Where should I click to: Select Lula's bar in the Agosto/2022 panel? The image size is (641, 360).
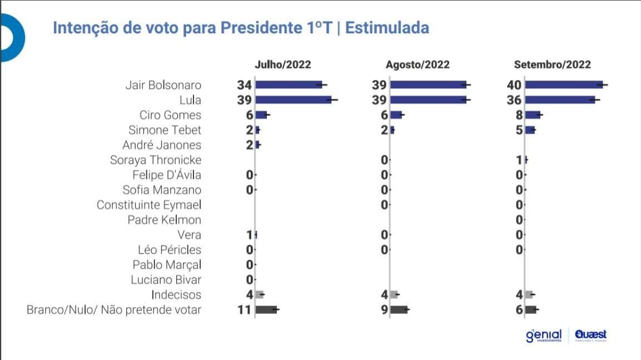pyautogui.click(x=428, y=100)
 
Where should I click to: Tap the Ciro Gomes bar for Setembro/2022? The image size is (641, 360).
pyautogui.click(x=533, y=115)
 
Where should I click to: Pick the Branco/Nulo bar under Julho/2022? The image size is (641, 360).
pyautogui.click(x=266, y=309)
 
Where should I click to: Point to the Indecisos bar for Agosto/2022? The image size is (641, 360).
pyautogui.click(x=394, y=294)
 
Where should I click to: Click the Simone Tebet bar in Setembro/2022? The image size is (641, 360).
pyautogui.click(x=530, y=130)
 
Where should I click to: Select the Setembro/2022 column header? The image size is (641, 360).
pyautogui.click(x=552, y=65)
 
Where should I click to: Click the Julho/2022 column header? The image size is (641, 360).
pyautogui.click(x=282, y=65)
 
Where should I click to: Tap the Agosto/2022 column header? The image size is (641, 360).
pyautogui.click(x=418, y=65)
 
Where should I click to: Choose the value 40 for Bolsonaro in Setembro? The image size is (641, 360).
pyautogui.click(x=515, y=85)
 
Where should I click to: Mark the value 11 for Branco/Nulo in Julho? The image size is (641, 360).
pyautogui.click(x=245, y=309)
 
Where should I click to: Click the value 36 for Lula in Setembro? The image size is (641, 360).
pyautogui.click(x=515, y=100)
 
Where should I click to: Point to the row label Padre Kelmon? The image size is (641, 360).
pyautogui.click(x=164, y=220)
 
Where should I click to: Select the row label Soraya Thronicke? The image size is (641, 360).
pyautogui.click(x=156, y=160)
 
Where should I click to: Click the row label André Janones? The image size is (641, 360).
pyautogui.click(x=162, y=145)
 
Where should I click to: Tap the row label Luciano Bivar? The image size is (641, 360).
pyautogui.click(x=166, y=280)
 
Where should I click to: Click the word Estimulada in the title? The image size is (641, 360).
pyautogui.click(x=387, y=28)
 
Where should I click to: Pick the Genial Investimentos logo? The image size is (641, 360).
pyautogui.click(x=543, y=336)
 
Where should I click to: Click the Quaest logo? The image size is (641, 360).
pyautogui.click(x=591, y=335)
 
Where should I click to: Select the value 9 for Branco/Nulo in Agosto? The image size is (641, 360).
pyautogui.click(x=384, y=309)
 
